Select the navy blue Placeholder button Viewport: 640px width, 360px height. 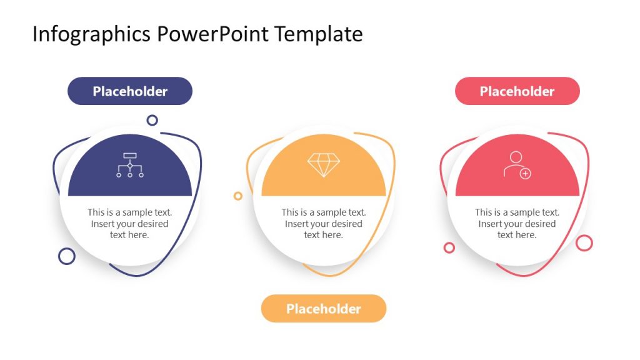click(130, 91)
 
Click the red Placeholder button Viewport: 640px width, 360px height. click(517, 91)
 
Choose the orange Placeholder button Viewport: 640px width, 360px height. click(323, 309)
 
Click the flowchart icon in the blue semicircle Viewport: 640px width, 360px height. click(130, 165)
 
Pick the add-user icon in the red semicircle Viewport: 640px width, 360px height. click(517, 165)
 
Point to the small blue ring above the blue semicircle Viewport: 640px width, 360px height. click(152, 120)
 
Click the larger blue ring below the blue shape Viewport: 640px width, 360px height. click(67, 256)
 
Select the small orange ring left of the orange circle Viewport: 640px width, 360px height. click(237, 196)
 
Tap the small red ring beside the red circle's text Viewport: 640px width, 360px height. click(449, 247)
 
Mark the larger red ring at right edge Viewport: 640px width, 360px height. click(584, 243)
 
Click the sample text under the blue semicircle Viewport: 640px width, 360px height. click(130, 224)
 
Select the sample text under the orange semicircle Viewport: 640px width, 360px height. click(324, 224)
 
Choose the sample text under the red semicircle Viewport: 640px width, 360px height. click(517, 224)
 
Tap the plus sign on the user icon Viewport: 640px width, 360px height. click(526, 174)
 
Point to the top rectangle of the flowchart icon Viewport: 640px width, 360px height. click(130, 155)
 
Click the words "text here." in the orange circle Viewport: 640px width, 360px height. click(324, 235)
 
